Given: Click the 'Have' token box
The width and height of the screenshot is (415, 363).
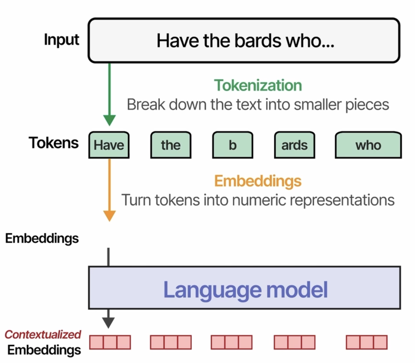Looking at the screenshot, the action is [109, 145].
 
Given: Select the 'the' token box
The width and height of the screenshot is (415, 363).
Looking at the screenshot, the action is [171, 145].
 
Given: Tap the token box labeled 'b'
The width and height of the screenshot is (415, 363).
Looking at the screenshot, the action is [233, 145].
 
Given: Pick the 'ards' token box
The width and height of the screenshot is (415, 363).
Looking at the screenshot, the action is [294, 145].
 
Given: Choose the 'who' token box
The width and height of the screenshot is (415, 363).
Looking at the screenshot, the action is [368, 145].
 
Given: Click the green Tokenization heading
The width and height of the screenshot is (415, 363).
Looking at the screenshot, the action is [258, 85].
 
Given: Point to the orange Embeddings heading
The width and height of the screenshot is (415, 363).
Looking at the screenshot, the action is [258, 181].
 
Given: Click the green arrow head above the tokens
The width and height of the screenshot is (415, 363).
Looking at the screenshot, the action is [109, 120].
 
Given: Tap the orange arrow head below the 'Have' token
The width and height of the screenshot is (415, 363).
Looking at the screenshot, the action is [109, 216].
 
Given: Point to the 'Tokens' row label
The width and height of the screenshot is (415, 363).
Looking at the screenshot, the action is [53, 143].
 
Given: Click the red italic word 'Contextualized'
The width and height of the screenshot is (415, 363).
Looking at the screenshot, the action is [43, 335].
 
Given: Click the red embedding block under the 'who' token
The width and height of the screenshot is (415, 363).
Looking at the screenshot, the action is [367, 342].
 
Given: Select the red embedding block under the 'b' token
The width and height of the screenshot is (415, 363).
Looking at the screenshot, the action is [232, 342].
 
